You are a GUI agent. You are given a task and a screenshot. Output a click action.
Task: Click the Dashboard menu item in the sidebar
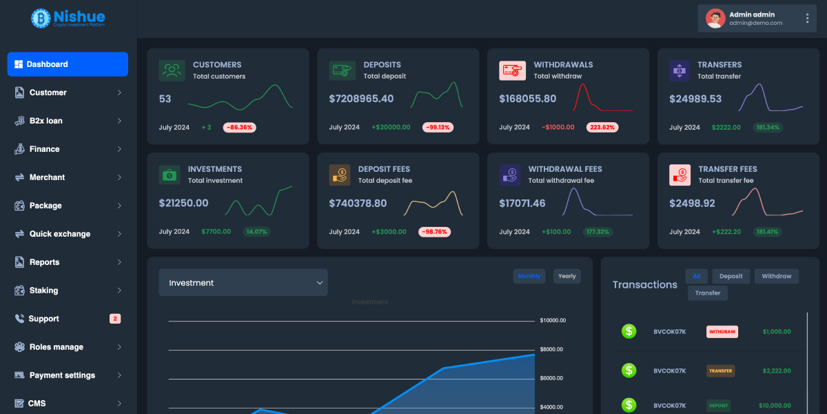[68, 64]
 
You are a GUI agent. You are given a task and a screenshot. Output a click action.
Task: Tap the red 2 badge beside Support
[115, 319]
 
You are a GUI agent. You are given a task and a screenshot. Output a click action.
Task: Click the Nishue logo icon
[41, 18]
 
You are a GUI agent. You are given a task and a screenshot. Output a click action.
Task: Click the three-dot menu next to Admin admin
[807, 19]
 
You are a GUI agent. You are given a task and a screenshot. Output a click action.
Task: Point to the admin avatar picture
[715, 19]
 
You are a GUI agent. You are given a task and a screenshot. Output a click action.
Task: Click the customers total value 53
[165, 99]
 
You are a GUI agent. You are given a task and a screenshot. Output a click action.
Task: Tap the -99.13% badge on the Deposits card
[437, 128]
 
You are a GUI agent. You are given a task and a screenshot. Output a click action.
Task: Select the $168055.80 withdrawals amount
[527, 99]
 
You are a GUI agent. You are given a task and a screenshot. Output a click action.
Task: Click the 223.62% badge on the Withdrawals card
[602, 128]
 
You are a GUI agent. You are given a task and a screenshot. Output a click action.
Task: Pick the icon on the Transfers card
[680, 70]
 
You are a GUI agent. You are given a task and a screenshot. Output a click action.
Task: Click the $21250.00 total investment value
[183, 203]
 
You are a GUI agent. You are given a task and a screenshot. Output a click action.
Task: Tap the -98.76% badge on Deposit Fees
[435, 232]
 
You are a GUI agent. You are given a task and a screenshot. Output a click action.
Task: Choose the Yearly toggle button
[567, 276]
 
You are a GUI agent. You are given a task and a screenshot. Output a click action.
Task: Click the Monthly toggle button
[529, 276]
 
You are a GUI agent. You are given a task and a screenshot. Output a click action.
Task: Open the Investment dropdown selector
[243, 283]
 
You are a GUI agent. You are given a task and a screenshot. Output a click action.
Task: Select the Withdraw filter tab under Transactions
[777, 276]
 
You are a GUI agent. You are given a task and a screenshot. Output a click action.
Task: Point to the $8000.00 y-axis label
[553, 350]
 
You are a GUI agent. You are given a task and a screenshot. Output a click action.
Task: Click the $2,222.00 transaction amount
[777, 371]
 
